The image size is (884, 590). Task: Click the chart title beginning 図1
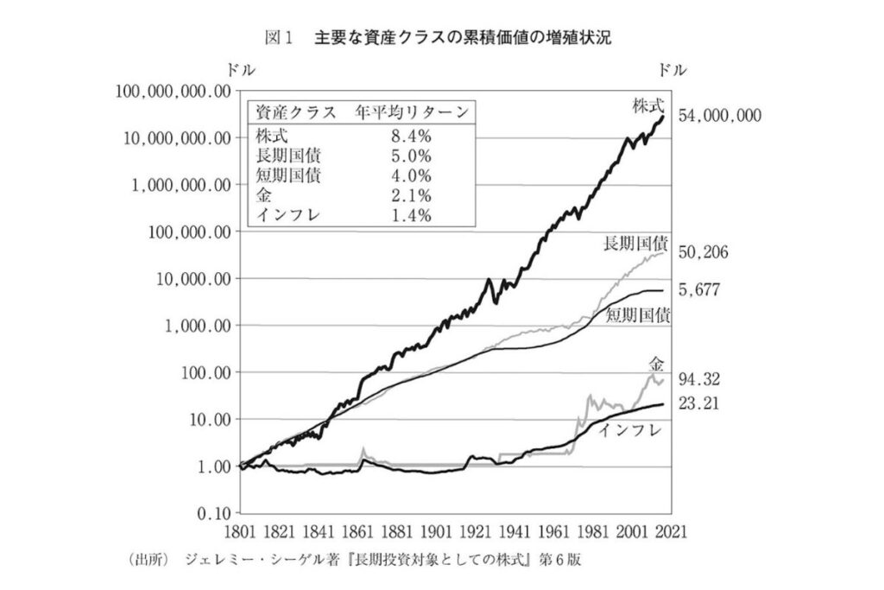[441, 39]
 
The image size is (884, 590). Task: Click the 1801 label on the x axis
[237, 531]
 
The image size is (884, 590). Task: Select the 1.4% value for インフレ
[408, 216]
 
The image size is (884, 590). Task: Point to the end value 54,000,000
[720, 115]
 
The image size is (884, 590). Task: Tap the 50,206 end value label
[705, 252]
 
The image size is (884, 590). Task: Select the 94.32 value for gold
[701, 379]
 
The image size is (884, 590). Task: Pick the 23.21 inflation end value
[701, 403]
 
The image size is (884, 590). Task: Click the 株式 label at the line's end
[647, 106]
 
